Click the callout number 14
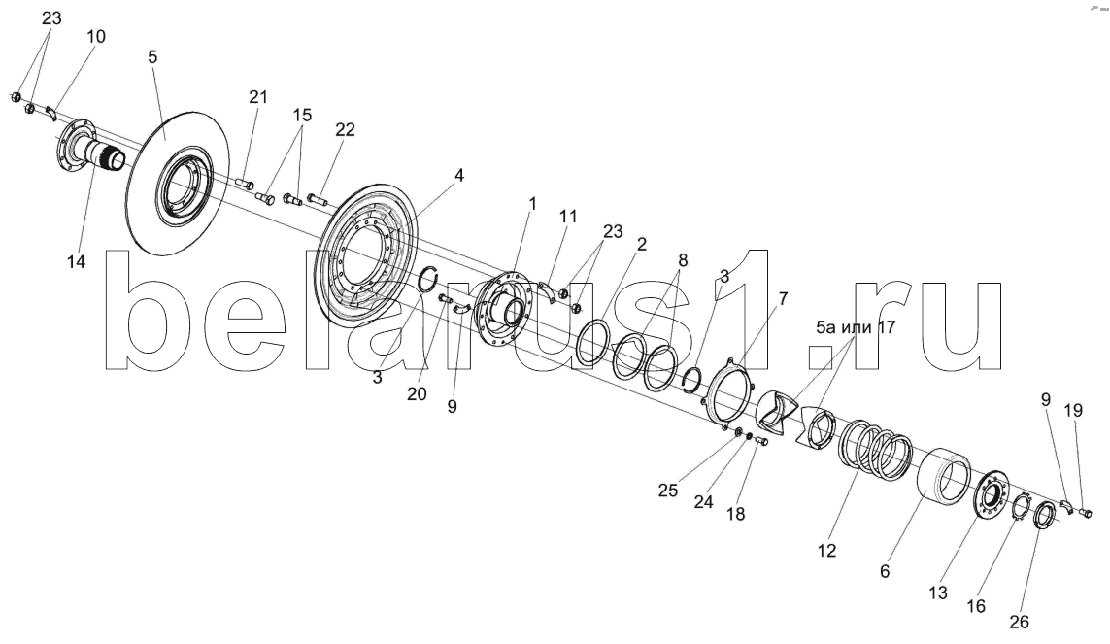(77, 262)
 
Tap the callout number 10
(96, 36)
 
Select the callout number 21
(258, 97)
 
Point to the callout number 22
(346, 129)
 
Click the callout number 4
(459, 175)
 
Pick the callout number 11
(569, 217)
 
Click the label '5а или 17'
(856, 327)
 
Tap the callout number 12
(826, 550)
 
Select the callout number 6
(885, 571)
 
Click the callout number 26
(1020, 622)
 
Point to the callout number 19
(1073, 411)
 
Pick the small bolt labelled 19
(1087, 512)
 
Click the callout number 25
(668, 491)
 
